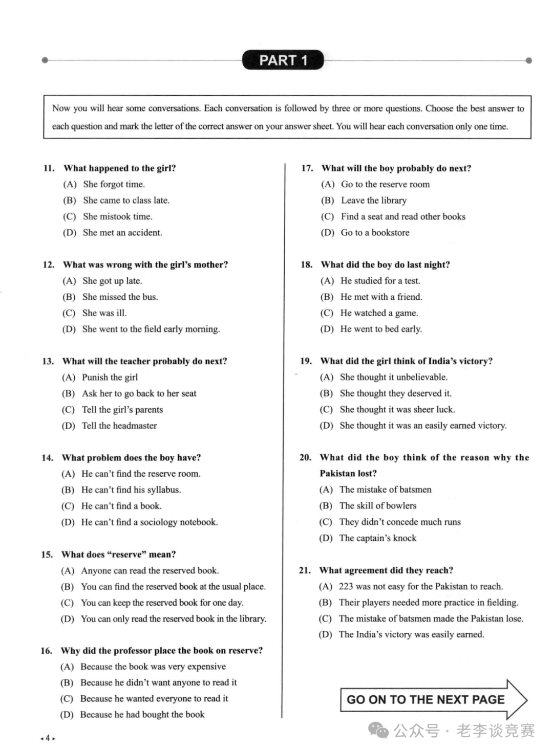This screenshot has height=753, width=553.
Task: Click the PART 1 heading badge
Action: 283,60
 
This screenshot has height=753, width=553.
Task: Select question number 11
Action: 49,168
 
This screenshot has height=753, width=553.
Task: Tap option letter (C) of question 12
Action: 69,313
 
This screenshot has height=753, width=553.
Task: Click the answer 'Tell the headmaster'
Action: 119,426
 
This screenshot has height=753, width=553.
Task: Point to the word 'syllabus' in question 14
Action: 163,490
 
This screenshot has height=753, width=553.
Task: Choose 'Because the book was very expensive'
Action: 153,667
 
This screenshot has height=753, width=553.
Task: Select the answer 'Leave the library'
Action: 374,201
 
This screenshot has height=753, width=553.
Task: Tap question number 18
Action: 306,265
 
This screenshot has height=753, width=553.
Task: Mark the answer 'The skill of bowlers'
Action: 378,506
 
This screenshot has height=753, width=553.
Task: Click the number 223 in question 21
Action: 346,587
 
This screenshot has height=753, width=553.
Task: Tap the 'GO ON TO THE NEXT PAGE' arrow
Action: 433,699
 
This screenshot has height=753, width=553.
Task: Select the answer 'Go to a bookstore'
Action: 375,233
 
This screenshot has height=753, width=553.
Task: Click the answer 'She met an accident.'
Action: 122,233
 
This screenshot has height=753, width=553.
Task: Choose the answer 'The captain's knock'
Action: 378,538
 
